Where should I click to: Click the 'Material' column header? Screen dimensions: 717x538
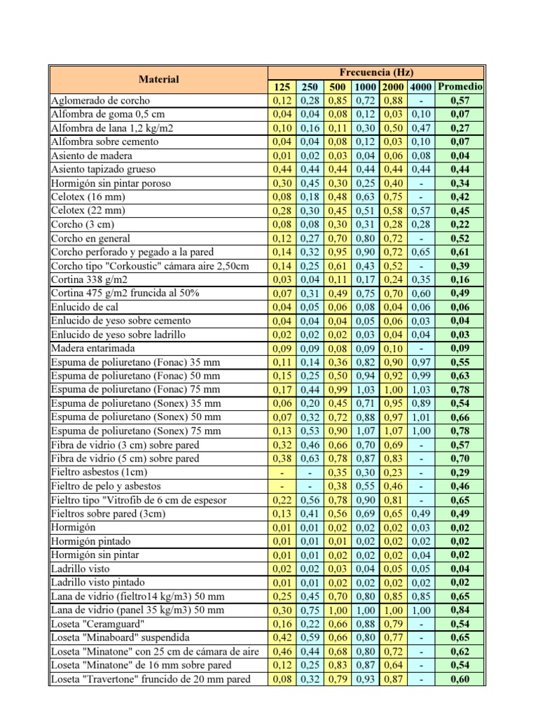tap(158, 79)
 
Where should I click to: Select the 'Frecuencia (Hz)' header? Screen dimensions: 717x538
tap(376, 72)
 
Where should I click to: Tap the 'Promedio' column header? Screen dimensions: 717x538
tap(460, 87)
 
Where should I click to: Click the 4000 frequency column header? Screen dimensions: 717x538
tap(420, 87)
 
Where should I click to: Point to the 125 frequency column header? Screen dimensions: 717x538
tap(280, 87)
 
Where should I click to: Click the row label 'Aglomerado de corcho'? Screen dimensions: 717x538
tap(100, 100)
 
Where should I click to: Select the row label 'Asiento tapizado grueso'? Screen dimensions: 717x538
tap(103, 169)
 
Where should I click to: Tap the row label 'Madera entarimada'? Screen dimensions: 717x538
tap(93, 348)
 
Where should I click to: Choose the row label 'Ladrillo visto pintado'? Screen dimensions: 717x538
tap(98, 582)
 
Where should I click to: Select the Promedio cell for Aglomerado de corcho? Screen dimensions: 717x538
tap(460, 100)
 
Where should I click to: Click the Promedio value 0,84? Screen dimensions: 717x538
tap(460, 610)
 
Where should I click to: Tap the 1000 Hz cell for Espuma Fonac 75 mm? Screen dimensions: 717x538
tap(365, 389)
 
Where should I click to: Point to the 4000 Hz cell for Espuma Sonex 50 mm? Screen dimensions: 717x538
tap(420, 417)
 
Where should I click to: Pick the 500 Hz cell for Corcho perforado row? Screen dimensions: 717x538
tap(338, 251)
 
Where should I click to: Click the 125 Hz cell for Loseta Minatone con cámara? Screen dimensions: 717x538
tap(280, 651)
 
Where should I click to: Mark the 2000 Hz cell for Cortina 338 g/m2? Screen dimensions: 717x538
tap(392, 279)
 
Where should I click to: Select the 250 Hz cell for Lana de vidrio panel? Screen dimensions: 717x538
tap(309, 610)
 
